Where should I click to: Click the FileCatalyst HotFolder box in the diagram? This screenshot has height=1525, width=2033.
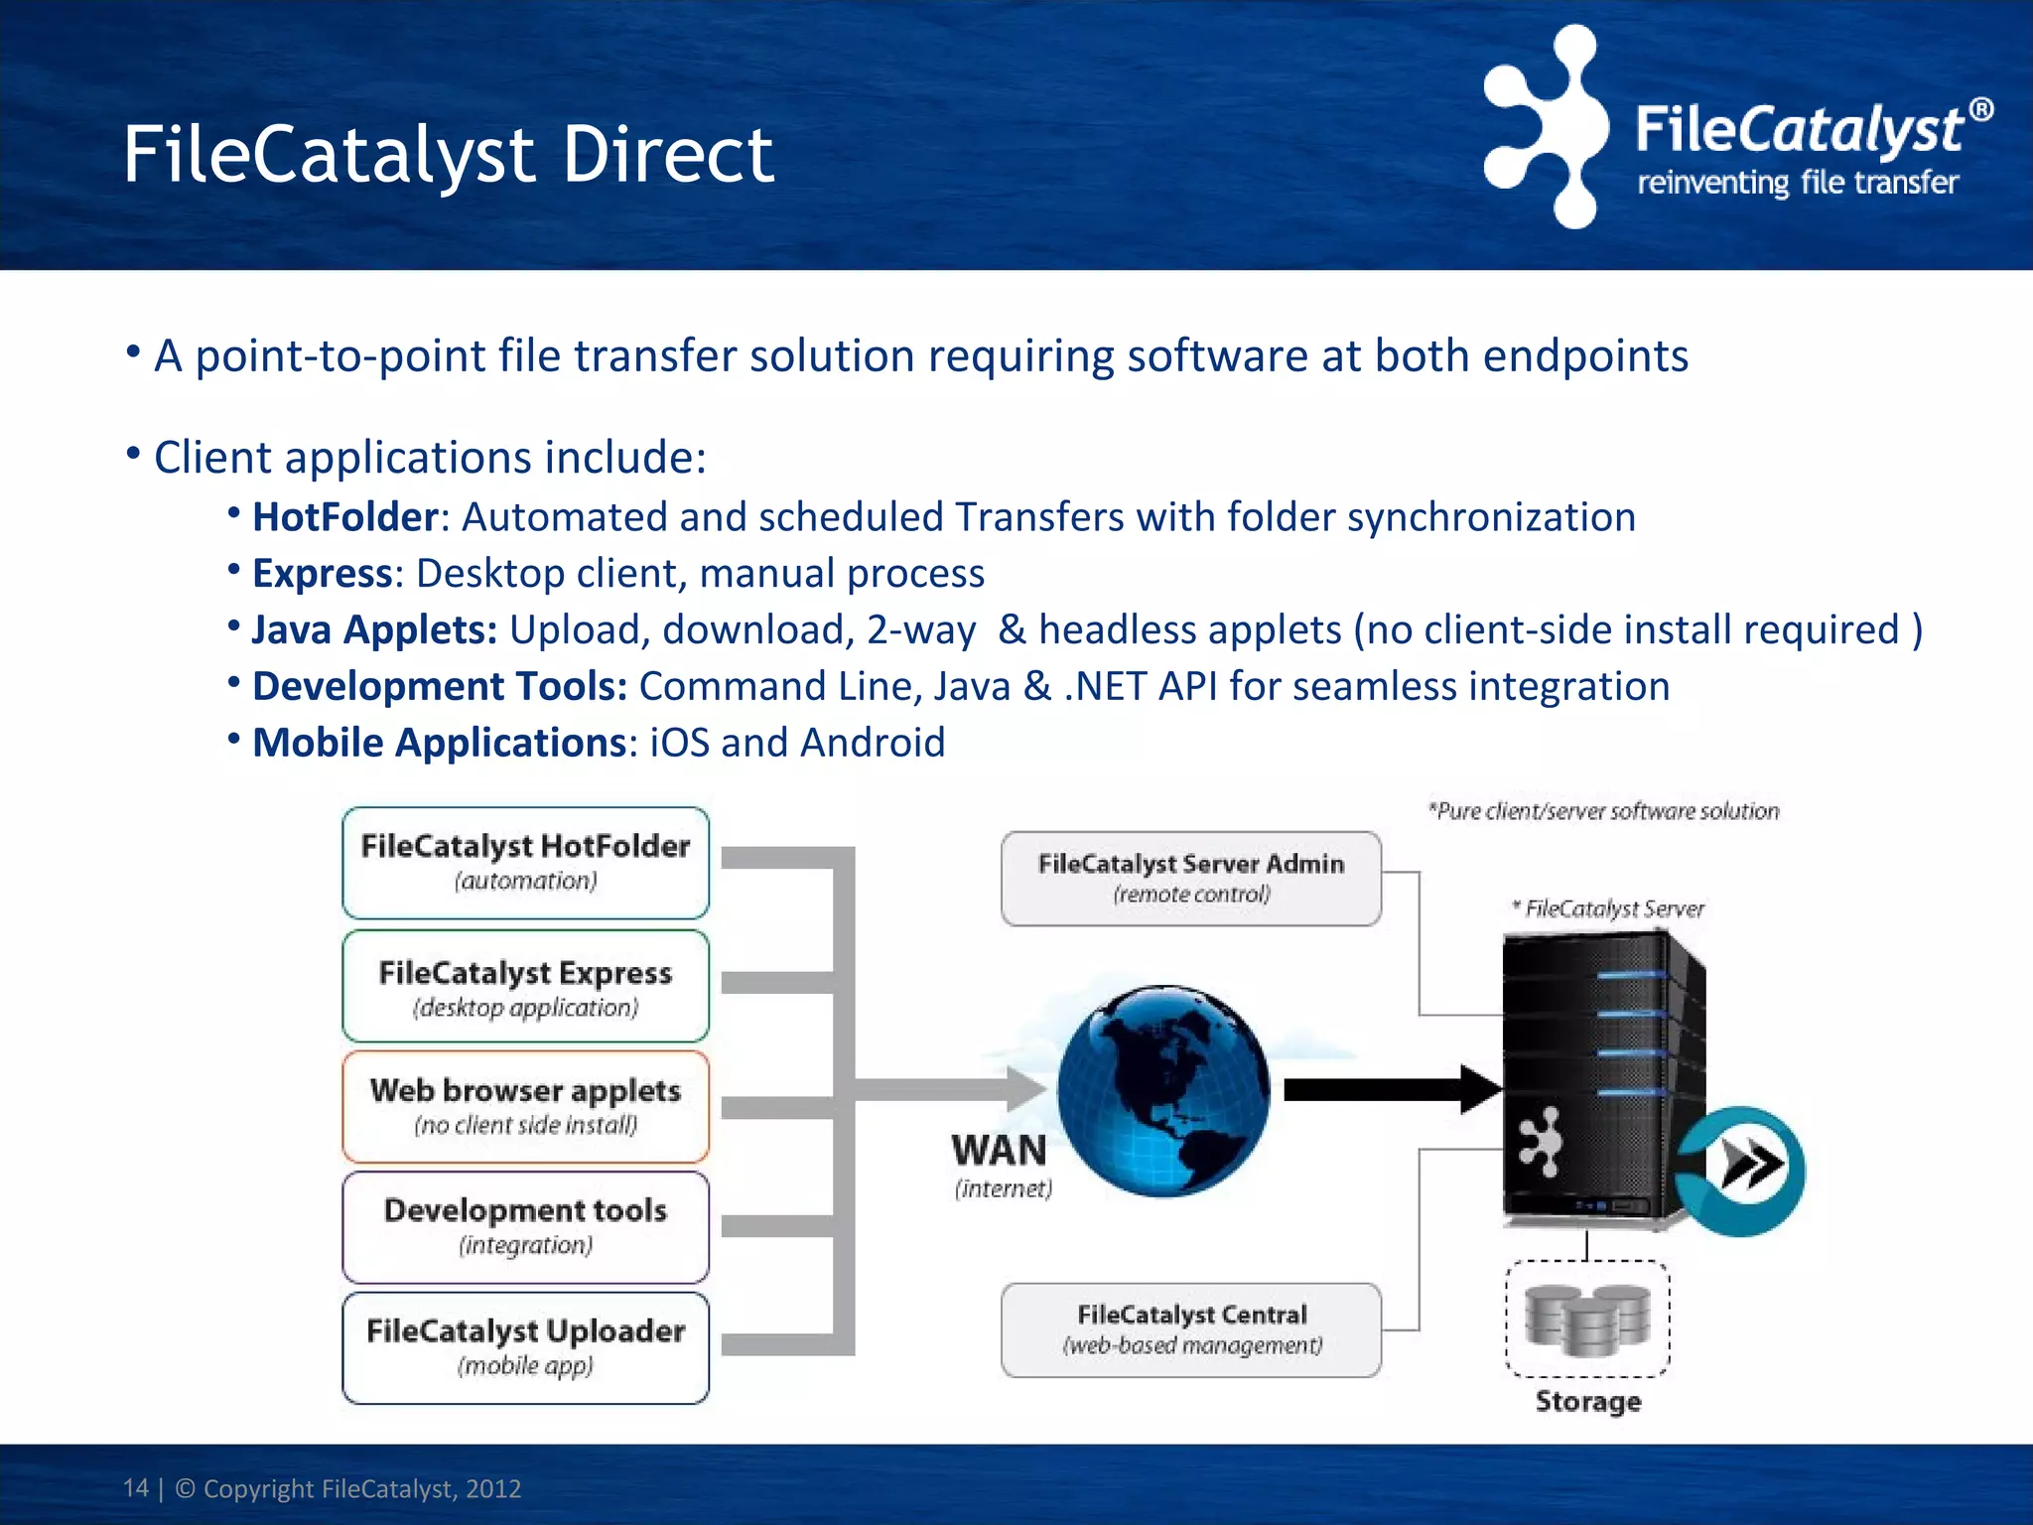coord(525,862)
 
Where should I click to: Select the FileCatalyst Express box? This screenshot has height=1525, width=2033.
coord(525,986)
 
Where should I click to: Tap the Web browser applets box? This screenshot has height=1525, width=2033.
coord(525,1105)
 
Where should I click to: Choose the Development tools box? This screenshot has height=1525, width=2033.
coord(525,1226)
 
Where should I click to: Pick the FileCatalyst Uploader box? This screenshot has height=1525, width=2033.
coord(525,1346)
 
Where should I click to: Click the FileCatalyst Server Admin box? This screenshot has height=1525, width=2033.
coord(1190,878)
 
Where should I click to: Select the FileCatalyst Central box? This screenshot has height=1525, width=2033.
coord(1190,1329)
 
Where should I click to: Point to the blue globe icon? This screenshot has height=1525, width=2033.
coord(1162,1089)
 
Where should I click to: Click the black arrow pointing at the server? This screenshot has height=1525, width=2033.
coord(1390,1090)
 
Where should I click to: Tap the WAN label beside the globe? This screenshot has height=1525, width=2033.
coord(999,1151)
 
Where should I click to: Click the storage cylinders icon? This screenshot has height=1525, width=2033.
coord(1587,1318)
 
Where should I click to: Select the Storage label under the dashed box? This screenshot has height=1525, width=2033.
coord(1587,1401)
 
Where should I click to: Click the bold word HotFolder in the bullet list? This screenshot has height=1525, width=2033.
coord(344,517)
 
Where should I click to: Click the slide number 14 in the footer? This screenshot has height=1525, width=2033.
coord(135,1488)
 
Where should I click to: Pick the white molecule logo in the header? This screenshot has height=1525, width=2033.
coord(1547,126)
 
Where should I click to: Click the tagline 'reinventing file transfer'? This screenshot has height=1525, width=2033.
coord(1797,183)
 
